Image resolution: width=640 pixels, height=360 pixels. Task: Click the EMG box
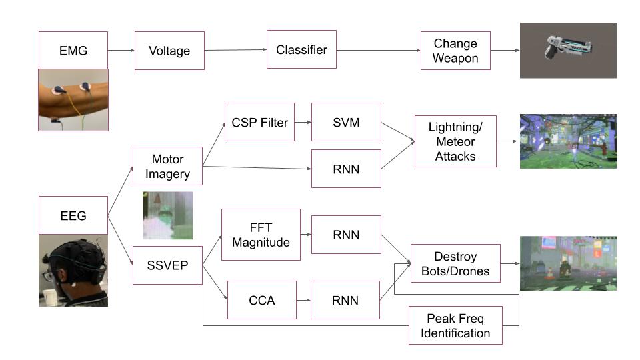(x=73, y=50)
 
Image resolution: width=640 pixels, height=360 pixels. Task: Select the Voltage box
(x=169, y=51)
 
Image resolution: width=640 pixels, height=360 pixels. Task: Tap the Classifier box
(x=301, y=49)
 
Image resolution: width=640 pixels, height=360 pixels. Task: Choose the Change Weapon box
(x=455, y=51)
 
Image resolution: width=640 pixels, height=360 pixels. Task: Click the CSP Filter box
(x=259, y=122)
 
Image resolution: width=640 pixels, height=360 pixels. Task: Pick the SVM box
(x=346, y=122)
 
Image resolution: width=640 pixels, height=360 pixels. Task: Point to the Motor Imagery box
(x=168, y=166)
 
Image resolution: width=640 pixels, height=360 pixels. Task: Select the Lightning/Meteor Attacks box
(x=455, y=141)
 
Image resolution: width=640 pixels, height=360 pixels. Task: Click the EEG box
(x=73, y=215)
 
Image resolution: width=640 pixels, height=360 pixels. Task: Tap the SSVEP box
(x=168, y=265)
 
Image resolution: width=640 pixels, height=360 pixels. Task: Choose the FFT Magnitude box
(x=261, y=235)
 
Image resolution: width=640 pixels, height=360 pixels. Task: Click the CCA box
(x=261, y=300)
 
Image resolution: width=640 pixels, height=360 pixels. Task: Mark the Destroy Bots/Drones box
(x=455, y=263)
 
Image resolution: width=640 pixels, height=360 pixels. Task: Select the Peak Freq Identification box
(x=455, y=325)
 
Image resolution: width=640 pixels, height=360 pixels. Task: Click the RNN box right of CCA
(x=345, y=300)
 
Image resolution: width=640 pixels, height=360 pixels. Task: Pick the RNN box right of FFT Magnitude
(x=346, y=235)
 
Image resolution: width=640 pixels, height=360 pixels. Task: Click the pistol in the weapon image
(x=568, y=47)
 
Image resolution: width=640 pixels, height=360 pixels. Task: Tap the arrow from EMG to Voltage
(x=121, y=50)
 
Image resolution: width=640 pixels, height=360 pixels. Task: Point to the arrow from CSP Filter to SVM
(x=303, y=122)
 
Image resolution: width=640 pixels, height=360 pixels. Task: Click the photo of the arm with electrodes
(x=73, y=100)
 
